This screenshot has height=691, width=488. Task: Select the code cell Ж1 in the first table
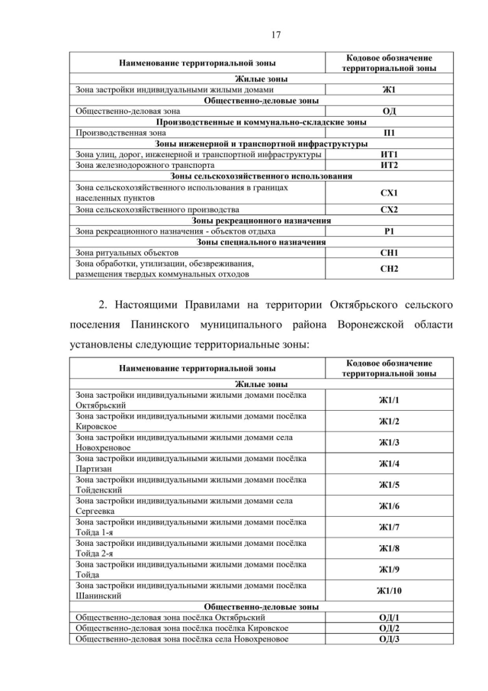click(x=389, y=89)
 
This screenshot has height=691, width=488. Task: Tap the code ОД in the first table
click(x=389, y=111)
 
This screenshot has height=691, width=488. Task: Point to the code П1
click(x=389, y=132)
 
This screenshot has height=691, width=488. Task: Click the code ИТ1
click(x=389, y=154)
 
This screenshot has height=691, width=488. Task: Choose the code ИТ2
click(x=389, y=165)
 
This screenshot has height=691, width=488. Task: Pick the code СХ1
click(x=389, y=192)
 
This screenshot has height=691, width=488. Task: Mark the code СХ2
click(x=389, y=209)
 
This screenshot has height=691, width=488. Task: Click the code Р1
click(x=389, y=231)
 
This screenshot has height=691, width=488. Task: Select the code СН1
click(x=389, y=252)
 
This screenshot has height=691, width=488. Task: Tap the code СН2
click(x=389, y=269)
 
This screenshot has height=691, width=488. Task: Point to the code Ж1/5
click(x=389, y=485)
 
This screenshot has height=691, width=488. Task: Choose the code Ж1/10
click(x=389, y=590)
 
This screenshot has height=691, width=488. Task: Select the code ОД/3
click(x=389, y=638)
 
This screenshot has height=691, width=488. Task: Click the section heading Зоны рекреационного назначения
click(x=262, y=220)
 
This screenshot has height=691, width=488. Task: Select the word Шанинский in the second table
click(x=97, y=596)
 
